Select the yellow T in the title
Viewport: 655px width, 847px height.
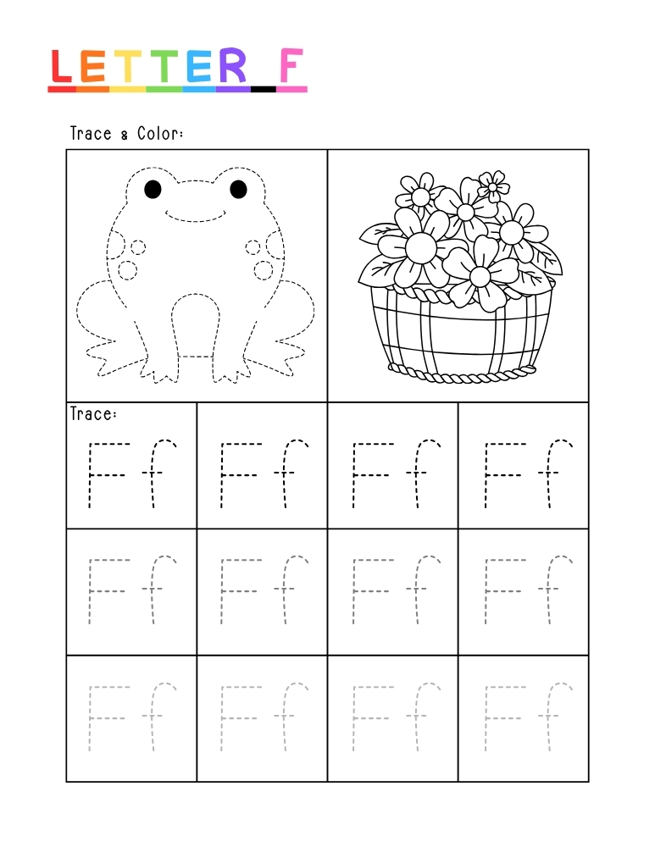[130, 67]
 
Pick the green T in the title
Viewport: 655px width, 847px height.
[165, 67]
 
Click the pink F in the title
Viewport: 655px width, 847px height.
[291, 67]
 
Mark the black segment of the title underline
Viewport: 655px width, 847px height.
[264, 89]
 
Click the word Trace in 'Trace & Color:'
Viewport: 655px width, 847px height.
[91, 134]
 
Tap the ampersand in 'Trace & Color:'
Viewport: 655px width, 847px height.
[125, 135]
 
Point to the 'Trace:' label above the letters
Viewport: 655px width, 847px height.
[93, 413]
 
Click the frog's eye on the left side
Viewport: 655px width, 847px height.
[153, 188]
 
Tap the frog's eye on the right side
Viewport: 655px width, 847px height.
[239, 188]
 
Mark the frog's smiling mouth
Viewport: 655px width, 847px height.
[196, 213]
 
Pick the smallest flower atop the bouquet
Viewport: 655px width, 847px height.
[492, 183]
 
